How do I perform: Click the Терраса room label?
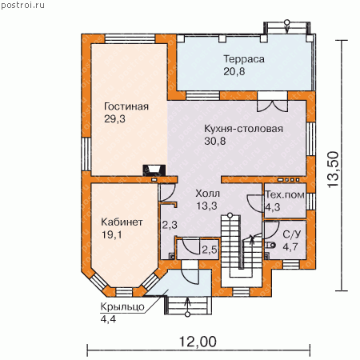pyautogui.click(x=244, y=59)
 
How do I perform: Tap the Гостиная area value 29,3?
pyautogui.click(x=114, y=119)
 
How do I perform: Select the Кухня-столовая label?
pyautogui.click(x=243, y=129)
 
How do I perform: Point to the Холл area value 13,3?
pyautogui.click(x=206, y=206)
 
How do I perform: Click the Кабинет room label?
pyautogui.click(x=122, y=222)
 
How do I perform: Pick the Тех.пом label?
pyautogui.click(x=285, y=195)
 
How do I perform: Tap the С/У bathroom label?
pyautogui.click(x=291, y=234)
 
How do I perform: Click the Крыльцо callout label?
pyautogui.click(x=122, y=307)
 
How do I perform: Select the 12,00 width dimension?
pyautogui.click(x=198, y=342)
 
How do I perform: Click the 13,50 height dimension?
pyautogui.click(x=334, y=170)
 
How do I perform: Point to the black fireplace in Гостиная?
pyautogui.click(x=154, y=170)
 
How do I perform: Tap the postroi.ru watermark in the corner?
pyautogui.click(x=22, y=6)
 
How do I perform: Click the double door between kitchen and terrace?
pyautogui.click(x=272, y=106)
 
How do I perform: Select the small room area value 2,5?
pyautogui.click(x=210, y=250)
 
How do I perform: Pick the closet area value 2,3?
pyautogui.click(x=170, y=225)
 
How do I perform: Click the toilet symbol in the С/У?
pyautogui.click(x=271, y=245)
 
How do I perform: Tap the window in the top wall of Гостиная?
pyautogui.click(x=130, y=39)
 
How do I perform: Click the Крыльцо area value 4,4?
pyautogui.click(x=108, y=319)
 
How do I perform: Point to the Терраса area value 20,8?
pyautogui.click(x=234, y=72)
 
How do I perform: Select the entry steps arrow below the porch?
pyautogui.click(x=188, y=307)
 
